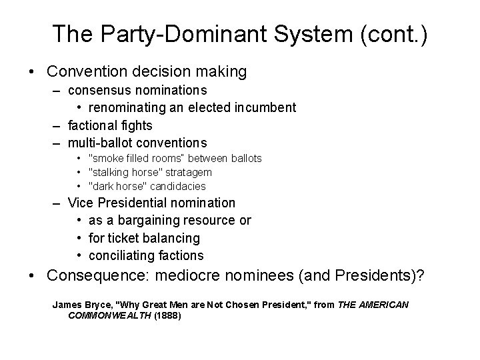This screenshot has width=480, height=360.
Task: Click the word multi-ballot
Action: point(102,143)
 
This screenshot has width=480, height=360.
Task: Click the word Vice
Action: point(80,202)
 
